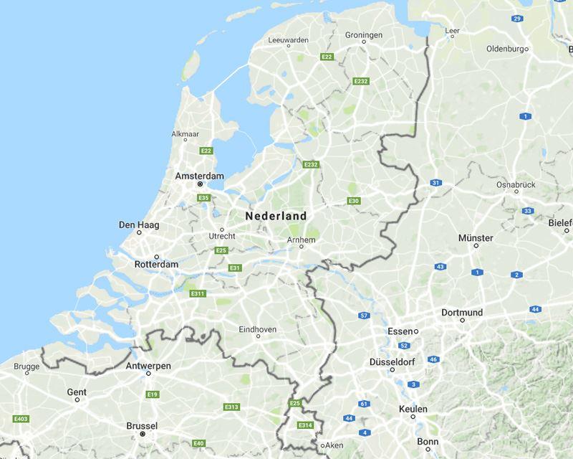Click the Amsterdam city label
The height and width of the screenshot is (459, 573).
(x=200, y=176)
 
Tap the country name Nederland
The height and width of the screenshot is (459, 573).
(x=276, y=216)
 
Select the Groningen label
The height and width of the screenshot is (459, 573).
(x=364, y=34)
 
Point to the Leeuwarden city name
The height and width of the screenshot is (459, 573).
(x=288, y=40)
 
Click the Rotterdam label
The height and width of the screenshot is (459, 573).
(x=156, y=265)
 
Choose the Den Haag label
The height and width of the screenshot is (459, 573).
(x=139, y=225)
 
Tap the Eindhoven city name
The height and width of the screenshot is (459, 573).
(x=257, y=329)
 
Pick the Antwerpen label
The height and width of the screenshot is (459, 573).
(x=148, y=366)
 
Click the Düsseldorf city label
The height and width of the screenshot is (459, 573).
(x=393, y=361)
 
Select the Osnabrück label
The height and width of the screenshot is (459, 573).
(x=516, y=185)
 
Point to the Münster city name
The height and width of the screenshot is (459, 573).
(x=475, y=237)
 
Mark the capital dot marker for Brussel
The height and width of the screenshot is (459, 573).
(x=143, y=435)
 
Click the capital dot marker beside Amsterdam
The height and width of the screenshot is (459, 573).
(x=201, y=185)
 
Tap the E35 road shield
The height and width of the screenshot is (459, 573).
(x=203, y=198)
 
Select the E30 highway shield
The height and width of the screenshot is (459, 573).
(x=354, y=201)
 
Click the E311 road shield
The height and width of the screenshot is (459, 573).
(x=198, y=293)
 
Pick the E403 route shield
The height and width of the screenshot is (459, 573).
(x=20, y=418)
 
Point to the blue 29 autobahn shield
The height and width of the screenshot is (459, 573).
(x=517, y=18)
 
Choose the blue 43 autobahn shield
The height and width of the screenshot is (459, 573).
(x=440, y=267)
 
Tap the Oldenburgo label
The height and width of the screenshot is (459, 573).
(x=506, y=49)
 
